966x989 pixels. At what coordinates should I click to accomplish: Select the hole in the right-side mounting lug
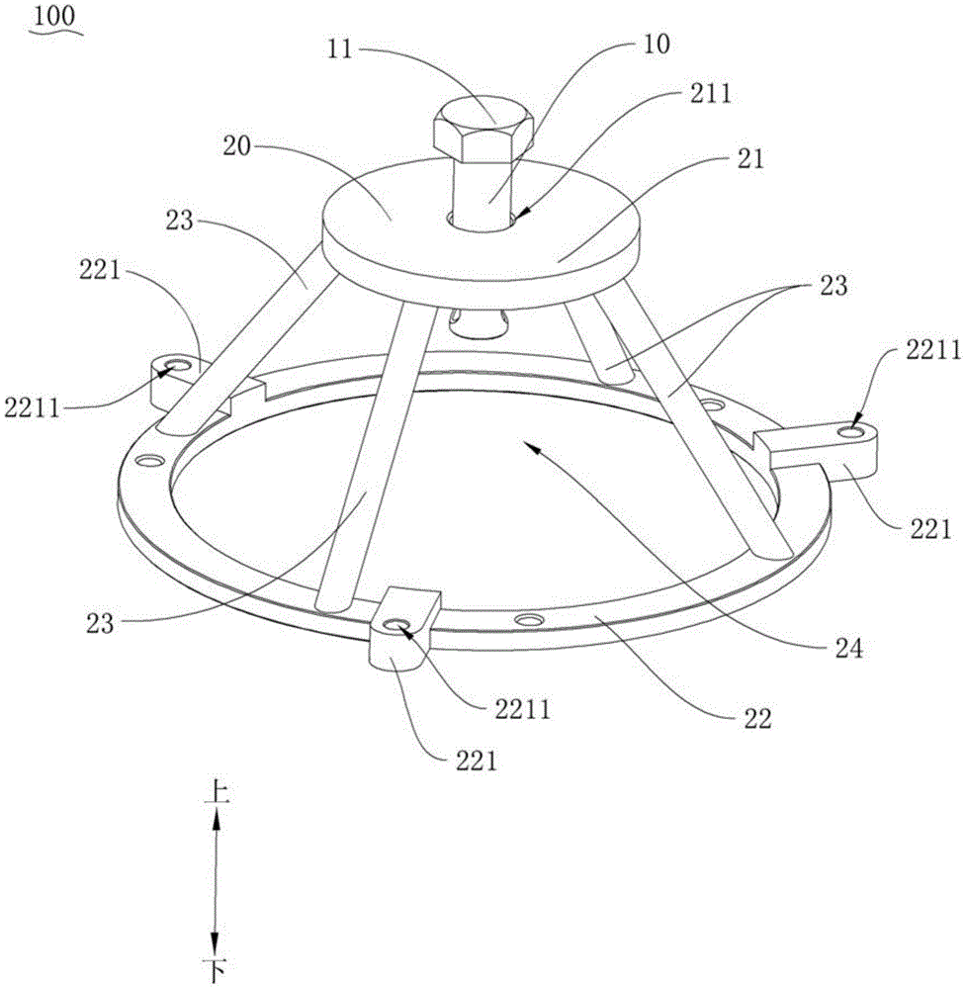click(x=849, y=433)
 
